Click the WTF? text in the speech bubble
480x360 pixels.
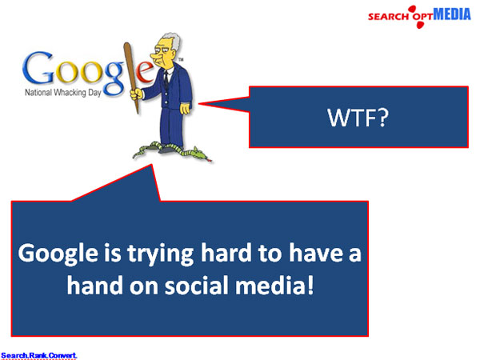coord(358,118)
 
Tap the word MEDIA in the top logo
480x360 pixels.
coord(452,14)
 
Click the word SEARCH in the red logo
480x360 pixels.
coord(388,16)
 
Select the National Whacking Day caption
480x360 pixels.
coord(62,93)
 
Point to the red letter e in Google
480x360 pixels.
coord(145,71)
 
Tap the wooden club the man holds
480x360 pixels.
coord(131,77)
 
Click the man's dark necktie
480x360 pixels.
coord(166,79)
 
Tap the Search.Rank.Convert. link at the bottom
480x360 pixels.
coord(38,355)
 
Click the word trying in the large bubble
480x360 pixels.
coord(160,254)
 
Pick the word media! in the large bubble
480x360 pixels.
coord(274,286)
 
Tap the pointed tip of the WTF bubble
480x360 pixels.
coord(199,104)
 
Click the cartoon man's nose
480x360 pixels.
coord(154,56)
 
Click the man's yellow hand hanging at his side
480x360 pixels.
coord(185,108)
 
